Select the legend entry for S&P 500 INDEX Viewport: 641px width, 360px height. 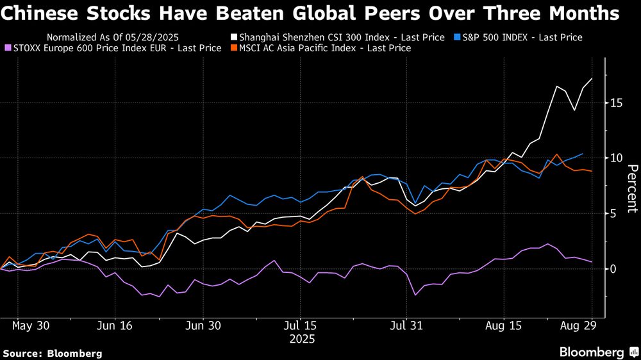pyautogui.click(x=522, y=37)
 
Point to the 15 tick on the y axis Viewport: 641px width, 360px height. pyautogui.click(x=615, y=103)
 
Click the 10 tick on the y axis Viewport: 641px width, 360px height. pyautogui.click(x=615, y=158)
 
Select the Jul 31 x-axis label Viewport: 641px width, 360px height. pyautogui.click(x=408, y=325)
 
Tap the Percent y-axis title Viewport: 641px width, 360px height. pyautogui.click(x=631, y=188)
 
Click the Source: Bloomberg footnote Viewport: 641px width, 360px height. pyautogui.click(x=53, y=353)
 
